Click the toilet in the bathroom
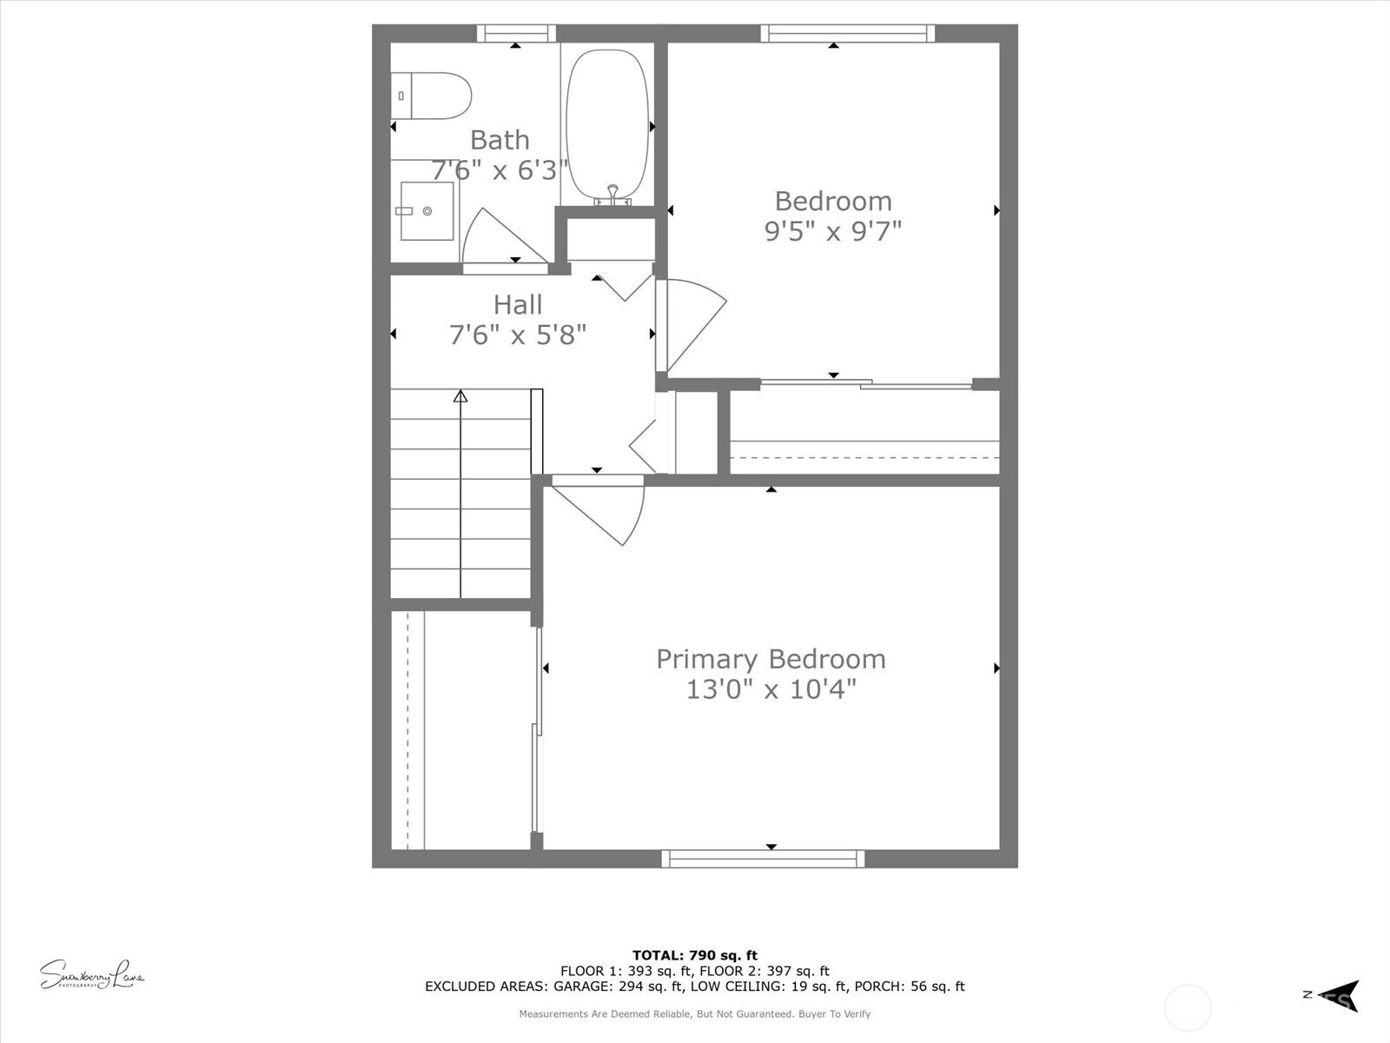coord(431,96)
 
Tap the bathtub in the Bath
coord(607,124)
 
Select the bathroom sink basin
coord(427,211)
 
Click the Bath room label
coord(500,140)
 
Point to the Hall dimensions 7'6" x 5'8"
coord(518,335)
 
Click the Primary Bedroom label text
coord(771,659)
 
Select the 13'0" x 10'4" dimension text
coord(771,689)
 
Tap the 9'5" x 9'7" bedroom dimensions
coord(833,231)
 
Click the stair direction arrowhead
coord(460,396)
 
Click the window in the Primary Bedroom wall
coord(763,859)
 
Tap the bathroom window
coord(516,33)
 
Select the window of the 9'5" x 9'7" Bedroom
coord(847,33)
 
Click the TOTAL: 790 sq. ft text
coord(695,955)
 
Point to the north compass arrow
coord(1340,996)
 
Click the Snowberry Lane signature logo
coord(92,974)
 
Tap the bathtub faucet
coord(612,196)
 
